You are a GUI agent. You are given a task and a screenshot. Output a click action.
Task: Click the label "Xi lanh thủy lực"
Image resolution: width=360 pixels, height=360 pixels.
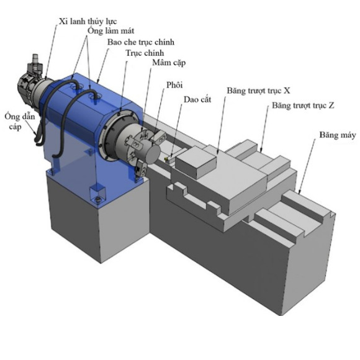[88, 22]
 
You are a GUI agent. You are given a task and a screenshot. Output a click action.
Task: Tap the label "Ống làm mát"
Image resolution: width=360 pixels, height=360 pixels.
[111, 30]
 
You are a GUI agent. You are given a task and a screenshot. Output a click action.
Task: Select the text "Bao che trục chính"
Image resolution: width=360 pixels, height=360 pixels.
[141, 42]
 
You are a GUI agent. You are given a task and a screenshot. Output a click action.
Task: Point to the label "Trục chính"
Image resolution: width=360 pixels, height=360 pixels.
[145, 53]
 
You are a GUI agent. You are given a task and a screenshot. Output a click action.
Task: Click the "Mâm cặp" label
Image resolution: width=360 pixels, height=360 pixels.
[169, 63]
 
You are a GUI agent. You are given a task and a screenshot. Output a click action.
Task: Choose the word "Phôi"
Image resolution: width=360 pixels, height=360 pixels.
[174, 85]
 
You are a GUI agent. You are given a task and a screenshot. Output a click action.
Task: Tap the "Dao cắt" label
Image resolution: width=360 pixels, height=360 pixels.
[197, 99]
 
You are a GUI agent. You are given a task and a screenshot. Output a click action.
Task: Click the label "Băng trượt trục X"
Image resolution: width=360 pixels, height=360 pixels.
[259, 91]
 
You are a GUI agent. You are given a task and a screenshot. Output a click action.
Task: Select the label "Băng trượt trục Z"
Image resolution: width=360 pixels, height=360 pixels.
[303, 106]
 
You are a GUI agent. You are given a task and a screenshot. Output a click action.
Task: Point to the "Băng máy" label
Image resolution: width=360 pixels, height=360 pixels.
[338, 135]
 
